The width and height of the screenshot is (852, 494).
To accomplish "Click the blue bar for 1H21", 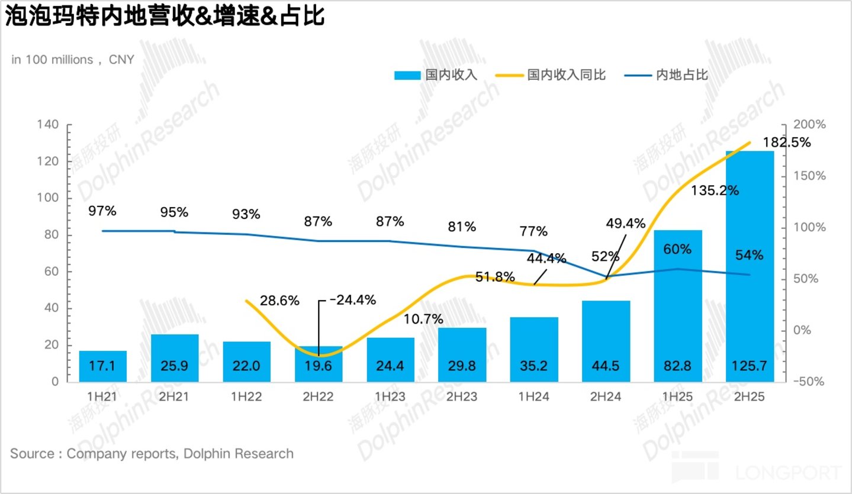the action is (x=102, y=366).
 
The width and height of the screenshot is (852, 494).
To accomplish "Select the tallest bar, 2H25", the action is (x=750, y=266).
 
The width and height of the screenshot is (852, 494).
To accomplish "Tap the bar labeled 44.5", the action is (x=606, y=341).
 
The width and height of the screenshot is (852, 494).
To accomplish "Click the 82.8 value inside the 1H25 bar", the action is (x=677, y=366).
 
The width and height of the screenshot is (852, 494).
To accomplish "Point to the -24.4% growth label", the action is (x=353, y=300).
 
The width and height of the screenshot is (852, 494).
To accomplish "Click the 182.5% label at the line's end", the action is (x=787, y=143).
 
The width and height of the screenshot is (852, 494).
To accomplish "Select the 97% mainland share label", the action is (x=102, y=211).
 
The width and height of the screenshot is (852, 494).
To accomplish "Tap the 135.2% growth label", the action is (x=715, y=191).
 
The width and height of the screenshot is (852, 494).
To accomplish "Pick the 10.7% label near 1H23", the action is (x=423, y=319).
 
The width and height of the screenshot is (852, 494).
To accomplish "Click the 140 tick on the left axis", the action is (x=47, y=124).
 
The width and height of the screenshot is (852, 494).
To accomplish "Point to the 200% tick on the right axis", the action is (x=809, y=124).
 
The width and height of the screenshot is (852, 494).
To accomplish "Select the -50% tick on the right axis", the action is (x=808, y=381).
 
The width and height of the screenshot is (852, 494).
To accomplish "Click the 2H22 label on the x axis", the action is (x=318, y=397).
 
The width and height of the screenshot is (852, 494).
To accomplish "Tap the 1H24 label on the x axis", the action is (x=533, y=397).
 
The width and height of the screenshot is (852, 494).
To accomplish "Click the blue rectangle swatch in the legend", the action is (x=407, y=75).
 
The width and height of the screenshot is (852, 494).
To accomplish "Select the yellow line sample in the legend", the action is (x=509, y=75).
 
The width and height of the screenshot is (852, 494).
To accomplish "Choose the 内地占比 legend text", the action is (x=682, y=75).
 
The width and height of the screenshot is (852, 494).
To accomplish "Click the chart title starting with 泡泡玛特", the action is (x=165, y=17).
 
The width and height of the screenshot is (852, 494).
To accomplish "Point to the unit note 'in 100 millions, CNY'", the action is (x=73, y=60).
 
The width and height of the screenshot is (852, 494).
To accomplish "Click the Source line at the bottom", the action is (x=152, y=453).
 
